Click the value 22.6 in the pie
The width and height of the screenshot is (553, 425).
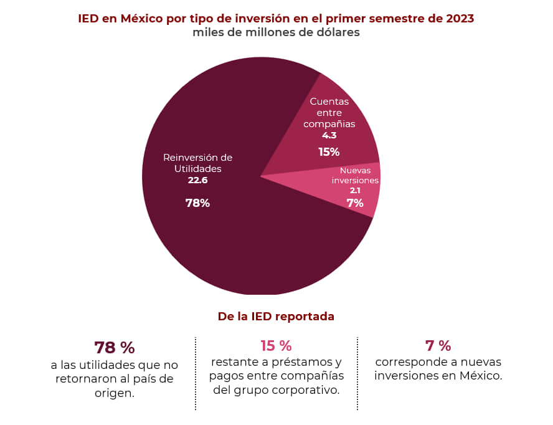(197, 180)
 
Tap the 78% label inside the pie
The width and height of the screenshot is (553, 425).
(197, 203)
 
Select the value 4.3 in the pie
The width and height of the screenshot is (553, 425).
(329, 135)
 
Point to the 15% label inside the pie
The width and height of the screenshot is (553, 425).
(329, 151)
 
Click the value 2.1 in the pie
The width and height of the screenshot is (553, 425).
(355, 191)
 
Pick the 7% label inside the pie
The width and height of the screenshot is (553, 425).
(355, 203)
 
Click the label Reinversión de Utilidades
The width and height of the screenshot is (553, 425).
(197, 163)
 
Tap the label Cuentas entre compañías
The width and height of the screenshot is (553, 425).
(329, 112)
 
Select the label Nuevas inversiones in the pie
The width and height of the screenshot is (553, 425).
(355, 175)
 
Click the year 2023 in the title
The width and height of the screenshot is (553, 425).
(460, 18)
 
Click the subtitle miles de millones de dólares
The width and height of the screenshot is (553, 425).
(276, 32)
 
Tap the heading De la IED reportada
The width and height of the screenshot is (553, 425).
(276, 317)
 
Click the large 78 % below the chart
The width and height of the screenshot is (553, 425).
(114, 348)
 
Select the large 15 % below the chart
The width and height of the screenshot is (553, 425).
(276, 346)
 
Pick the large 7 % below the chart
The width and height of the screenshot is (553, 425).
(438, 346)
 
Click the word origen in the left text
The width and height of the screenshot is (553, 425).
(114, 394)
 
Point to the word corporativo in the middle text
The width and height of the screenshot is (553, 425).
(306, 391)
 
